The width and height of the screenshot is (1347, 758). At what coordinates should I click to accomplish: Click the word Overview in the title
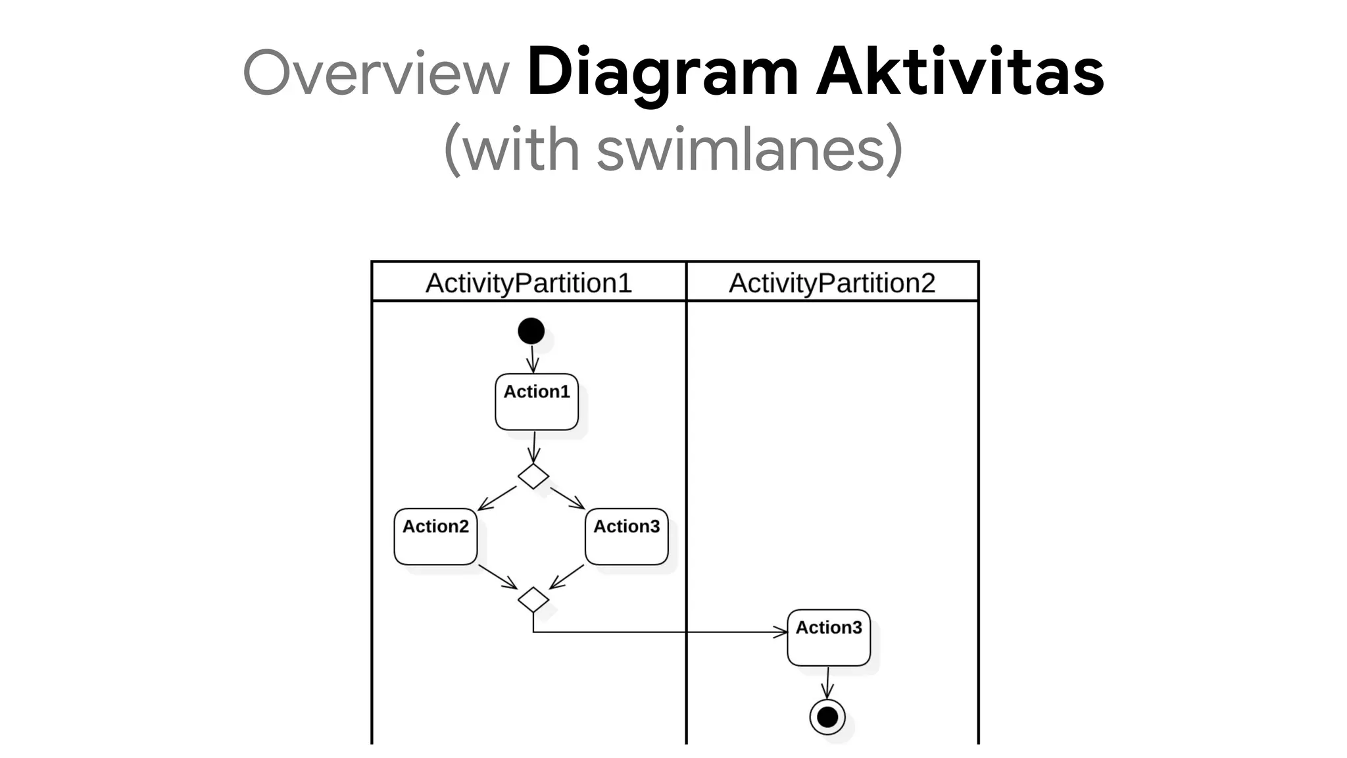click(376, 72)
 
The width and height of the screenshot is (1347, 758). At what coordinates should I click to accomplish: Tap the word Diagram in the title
click(662, 72)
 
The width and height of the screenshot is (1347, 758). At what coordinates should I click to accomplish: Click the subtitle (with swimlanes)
click(673, 149)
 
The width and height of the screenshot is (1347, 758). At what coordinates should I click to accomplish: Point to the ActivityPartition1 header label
click(528, 283)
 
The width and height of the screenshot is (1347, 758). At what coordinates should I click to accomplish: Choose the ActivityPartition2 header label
click(831, 283)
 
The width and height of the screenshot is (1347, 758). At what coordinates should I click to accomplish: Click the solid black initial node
click(531, 331)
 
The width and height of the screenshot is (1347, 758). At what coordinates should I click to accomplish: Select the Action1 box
click(537, 402)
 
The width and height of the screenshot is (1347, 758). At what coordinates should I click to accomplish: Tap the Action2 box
click(435, 536)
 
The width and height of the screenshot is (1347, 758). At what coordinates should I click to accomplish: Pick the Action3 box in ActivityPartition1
click(626, 536)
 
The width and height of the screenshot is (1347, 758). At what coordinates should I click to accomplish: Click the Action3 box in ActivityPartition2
click(829, 638)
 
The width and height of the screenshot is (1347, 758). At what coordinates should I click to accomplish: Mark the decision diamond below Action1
click(533, 476)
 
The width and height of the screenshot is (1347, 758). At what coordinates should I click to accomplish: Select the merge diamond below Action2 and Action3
click(533, 599)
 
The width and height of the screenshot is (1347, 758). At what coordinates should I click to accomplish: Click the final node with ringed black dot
click(827, 717)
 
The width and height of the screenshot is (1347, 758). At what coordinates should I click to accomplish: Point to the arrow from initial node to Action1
click(532, 359)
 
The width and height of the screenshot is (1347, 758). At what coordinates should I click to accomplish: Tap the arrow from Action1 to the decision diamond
click(534, 447)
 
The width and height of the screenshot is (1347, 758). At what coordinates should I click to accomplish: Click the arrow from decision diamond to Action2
click(497, 498)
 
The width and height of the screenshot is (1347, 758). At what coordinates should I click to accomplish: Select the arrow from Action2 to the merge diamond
click(498, 577)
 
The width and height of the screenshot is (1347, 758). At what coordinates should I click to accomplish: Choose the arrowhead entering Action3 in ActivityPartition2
click(780, 632)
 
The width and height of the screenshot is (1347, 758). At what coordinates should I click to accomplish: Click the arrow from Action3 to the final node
click(827, 683)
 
